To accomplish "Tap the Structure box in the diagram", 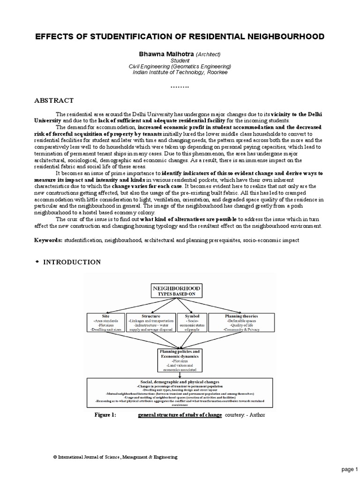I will click(150, 323).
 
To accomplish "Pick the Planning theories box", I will click(241, 323).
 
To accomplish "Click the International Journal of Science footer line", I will click(115, 457).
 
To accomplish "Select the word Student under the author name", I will click(180, 60).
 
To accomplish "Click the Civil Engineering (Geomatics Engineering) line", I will click(180, 67).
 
